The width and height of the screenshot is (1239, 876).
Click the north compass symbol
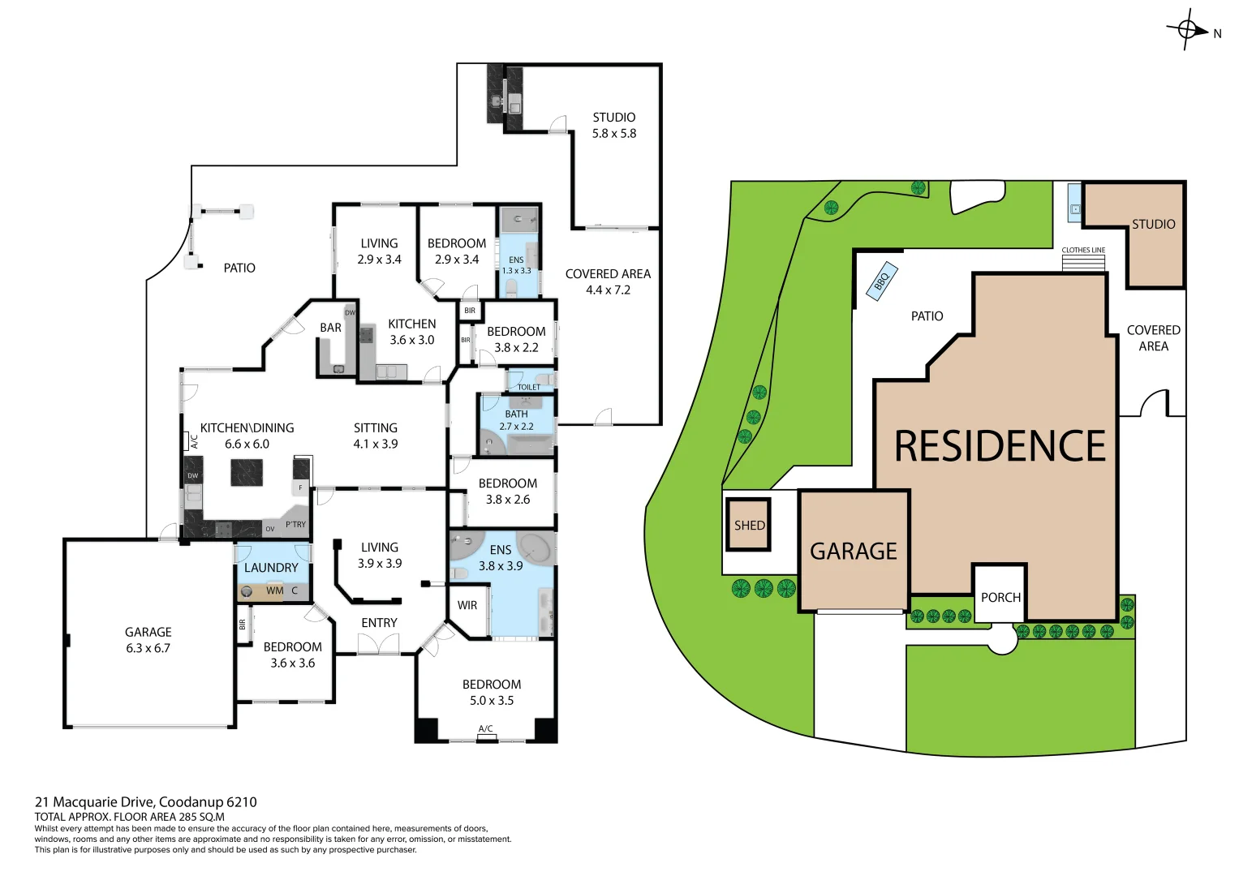coord(1187,30)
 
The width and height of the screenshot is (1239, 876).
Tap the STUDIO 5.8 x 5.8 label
coord(614,126)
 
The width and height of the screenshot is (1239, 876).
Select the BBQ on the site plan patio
coord(882,281)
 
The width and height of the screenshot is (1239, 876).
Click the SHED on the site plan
coord(748,525)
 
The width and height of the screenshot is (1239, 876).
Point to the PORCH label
coord(1000,598)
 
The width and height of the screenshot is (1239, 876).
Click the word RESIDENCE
coord(1000,446)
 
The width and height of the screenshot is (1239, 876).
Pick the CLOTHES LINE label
coord(1083,250)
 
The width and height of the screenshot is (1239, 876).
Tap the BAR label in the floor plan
coord(330,328)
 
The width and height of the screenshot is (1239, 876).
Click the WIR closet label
coord(467,605)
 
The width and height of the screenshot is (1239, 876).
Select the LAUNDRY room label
coord(271,568)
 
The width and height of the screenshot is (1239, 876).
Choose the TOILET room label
coord(529,387)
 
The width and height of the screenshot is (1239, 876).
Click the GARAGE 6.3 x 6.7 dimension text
coord(148,648)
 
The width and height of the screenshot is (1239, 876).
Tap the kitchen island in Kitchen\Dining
coord(247,472)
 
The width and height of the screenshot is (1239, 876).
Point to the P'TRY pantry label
coord(296,525)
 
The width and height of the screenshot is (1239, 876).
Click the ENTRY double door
coord(378,644)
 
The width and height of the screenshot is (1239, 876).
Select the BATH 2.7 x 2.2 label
coord(516,420)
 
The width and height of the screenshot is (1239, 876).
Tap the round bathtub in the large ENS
coord(535,548)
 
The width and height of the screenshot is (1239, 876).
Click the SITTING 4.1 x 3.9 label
coord(376,436)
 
